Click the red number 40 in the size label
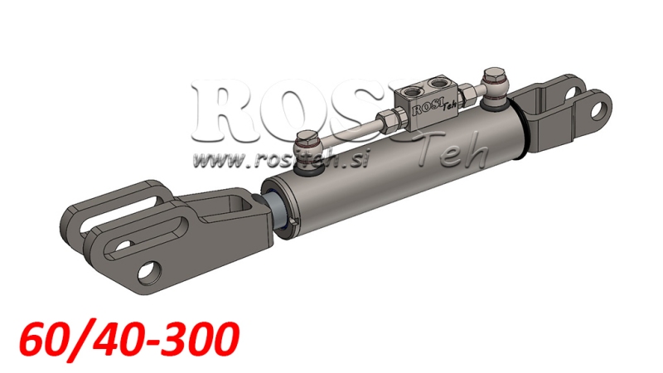tap(119, 340)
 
